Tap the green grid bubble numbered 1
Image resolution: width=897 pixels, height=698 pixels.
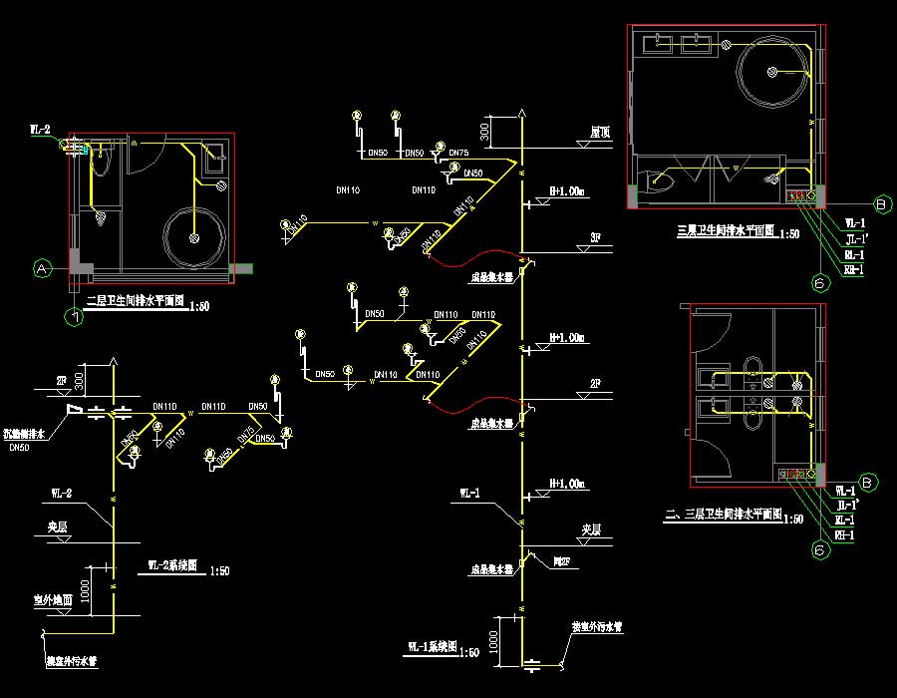click(73, 317)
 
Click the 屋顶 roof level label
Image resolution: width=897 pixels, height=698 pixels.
click(599, 131)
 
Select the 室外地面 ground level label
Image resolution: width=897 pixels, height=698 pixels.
click(49, 601)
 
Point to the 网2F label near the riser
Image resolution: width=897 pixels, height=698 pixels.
click(563, 562)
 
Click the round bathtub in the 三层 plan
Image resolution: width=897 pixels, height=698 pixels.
click(773, 71)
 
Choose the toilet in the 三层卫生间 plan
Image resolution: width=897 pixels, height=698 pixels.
click(659, 182)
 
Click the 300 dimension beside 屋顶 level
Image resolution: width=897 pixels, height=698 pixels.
click(485, 131)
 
